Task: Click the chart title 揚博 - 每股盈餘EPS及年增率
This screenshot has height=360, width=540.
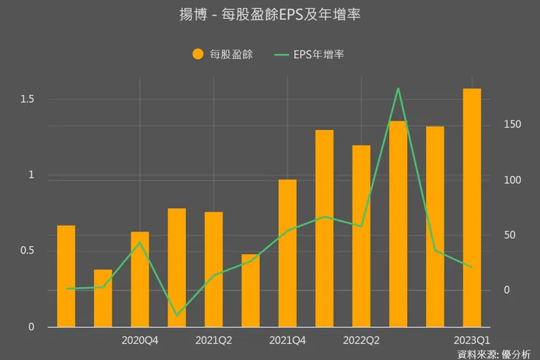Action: (x=269, y=15)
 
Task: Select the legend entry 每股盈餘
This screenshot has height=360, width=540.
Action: (x=223, y=54)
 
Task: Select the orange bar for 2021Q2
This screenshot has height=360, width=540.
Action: (x=214, y=269)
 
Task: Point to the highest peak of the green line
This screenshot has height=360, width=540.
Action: (x=398, y=88)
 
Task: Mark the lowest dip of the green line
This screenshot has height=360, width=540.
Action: (x=177, y=315)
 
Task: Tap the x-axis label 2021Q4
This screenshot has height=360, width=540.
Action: (x=288, y=340)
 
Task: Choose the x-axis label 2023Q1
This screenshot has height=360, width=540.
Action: (x=472, y=340)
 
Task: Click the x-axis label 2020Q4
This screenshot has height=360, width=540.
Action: (x=140, y=340)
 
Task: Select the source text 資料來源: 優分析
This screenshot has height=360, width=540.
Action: (x=494, y=354)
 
